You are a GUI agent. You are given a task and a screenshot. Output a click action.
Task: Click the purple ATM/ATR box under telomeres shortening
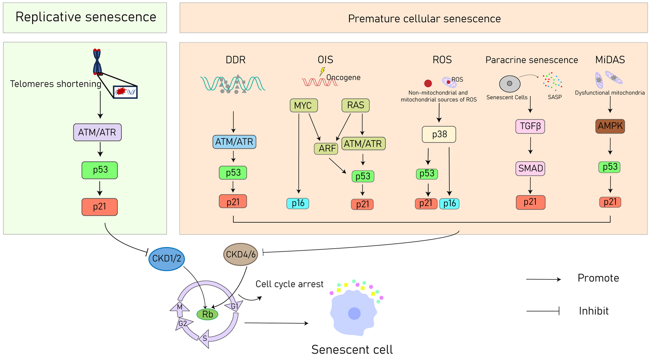pos(97,132)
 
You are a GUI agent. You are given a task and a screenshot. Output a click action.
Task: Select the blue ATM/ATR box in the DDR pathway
pos(234,142)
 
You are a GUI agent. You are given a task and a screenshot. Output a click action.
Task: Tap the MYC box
pos(303,106)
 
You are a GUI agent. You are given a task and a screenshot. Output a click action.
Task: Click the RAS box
pos(355,105)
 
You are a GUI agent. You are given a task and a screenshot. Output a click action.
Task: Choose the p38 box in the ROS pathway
pos(439,134)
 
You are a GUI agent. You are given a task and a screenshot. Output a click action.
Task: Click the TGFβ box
pos(530,126)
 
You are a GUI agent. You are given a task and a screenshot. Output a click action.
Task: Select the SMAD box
pos(530,168)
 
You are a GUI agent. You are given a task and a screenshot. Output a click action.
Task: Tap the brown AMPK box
pos(610,126)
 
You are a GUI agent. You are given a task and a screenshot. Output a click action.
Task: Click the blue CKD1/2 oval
pos(167,259)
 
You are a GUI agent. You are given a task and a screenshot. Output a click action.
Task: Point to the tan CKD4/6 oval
pos(241,254)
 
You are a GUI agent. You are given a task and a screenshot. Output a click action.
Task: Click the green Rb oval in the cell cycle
pos(208,314)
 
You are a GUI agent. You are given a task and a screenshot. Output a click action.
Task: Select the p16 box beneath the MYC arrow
pos(298,203)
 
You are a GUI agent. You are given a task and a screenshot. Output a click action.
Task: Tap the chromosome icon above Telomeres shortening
pos(97,62)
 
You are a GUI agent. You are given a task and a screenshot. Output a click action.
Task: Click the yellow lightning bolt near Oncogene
pos(322,72)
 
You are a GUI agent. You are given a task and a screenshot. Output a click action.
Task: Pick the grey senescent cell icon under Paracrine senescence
pos(510,84)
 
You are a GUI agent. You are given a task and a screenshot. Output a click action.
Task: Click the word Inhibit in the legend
pos(594,311)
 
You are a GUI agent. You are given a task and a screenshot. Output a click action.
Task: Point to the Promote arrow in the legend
pos(543,279)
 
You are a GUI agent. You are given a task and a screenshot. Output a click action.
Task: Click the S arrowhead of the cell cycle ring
pos(205,339)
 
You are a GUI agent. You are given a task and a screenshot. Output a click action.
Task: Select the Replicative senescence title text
pos(85,17)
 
